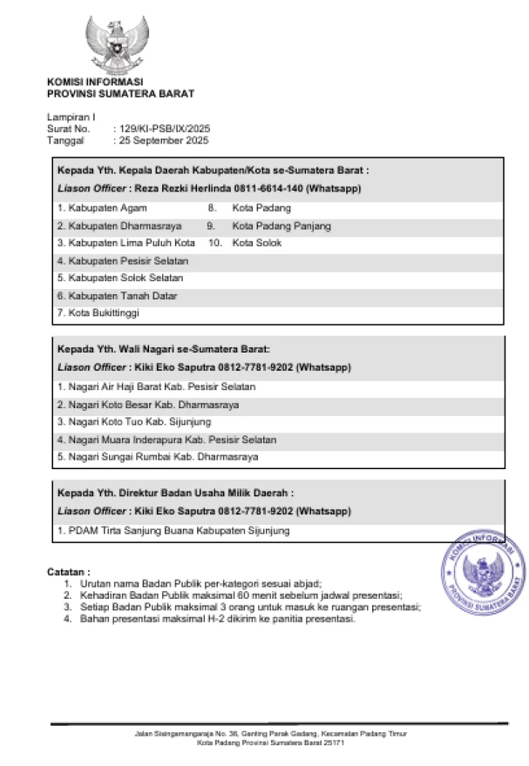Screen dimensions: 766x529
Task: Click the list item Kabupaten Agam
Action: point(102,208)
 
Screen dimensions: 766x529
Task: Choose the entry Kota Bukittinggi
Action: point(98,312)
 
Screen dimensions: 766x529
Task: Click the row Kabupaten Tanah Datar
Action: point(117,295)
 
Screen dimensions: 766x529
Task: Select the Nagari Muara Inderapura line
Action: point(166,439)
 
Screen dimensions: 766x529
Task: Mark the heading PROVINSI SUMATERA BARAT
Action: point(120,94)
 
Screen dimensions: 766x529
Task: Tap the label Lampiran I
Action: point(71,117)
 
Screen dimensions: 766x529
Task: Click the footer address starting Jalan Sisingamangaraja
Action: point(270,734)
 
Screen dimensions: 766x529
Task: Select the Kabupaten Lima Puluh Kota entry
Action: point(125,243)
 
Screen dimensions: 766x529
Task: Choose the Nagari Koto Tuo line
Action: point(127,421)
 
